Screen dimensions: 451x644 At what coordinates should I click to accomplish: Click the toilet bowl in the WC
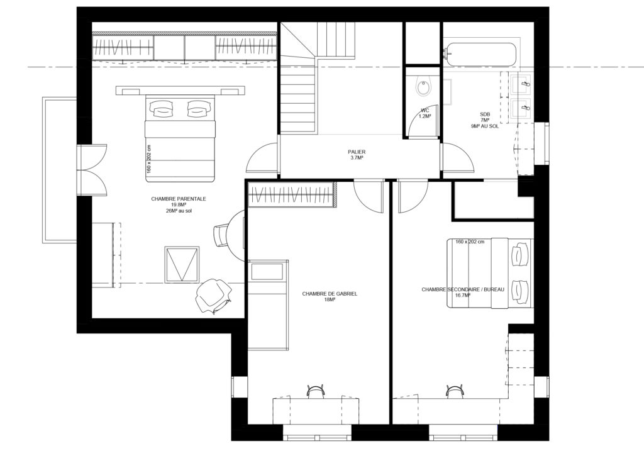point(423,87)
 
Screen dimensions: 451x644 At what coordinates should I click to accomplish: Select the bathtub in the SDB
point(480,54)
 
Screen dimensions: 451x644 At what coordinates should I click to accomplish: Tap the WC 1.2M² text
point(425,114)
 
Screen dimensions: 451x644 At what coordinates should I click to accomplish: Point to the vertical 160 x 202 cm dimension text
point(149,159)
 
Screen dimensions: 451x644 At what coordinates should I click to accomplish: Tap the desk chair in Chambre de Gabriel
point(316,391)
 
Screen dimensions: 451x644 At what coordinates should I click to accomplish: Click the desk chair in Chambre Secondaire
point(454,391)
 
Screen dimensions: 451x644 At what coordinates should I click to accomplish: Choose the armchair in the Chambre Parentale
point(212,296)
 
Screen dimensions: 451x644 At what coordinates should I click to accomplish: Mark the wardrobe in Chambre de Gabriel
point(291,194)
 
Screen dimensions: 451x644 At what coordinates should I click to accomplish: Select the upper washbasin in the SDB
point(523,82)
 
